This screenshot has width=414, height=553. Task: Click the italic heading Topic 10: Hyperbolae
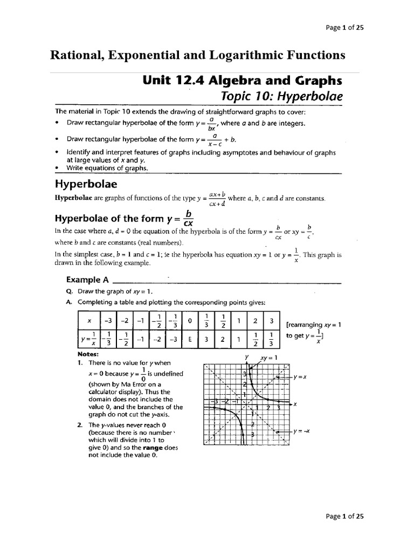click(x=282, y=97)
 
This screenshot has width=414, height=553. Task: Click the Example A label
click(x=87, y=280)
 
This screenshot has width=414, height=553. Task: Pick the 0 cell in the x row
click(x=189, y=321)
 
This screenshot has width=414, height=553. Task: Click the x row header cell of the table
click(x=89, y=321)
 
